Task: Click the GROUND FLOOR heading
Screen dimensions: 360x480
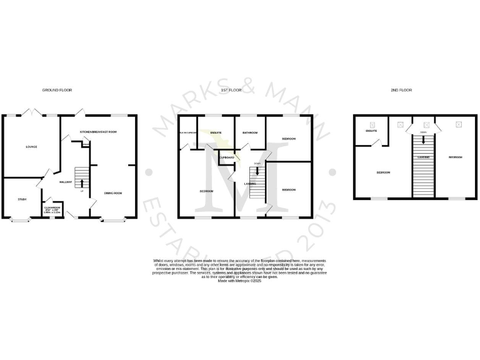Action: click(x=57, y=91)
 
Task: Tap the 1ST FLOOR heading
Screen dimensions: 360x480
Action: click(x=231, y=91)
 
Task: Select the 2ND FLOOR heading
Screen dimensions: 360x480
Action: click(x=402, y=91)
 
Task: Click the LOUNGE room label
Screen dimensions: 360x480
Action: click(x=31, y=147)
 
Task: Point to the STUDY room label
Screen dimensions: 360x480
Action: click(x=22, y=199)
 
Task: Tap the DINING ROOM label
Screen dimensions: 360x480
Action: click(x=113, y=193)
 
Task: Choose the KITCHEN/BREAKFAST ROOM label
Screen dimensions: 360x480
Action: click(x=98, y=132)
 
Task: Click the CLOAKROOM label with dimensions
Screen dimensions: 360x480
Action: click(x=52, y=209)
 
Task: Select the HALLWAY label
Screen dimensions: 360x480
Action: click(x=66, y=182)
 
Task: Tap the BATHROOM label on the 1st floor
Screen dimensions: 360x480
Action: click(x=251, y=132)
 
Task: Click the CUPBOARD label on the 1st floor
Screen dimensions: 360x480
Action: click(x=226, y=157)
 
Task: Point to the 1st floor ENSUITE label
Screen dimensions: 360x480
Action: click(x=216, y=132)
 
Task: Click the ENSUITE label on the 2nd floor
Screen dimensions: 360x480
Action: click(x=371, y=131)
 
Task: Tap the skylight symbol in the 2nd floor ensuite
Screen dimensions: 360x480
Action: click(x=373, y=124)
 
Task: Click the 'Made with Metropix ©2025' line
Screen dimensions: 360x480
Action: click(x=239, y=282)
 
